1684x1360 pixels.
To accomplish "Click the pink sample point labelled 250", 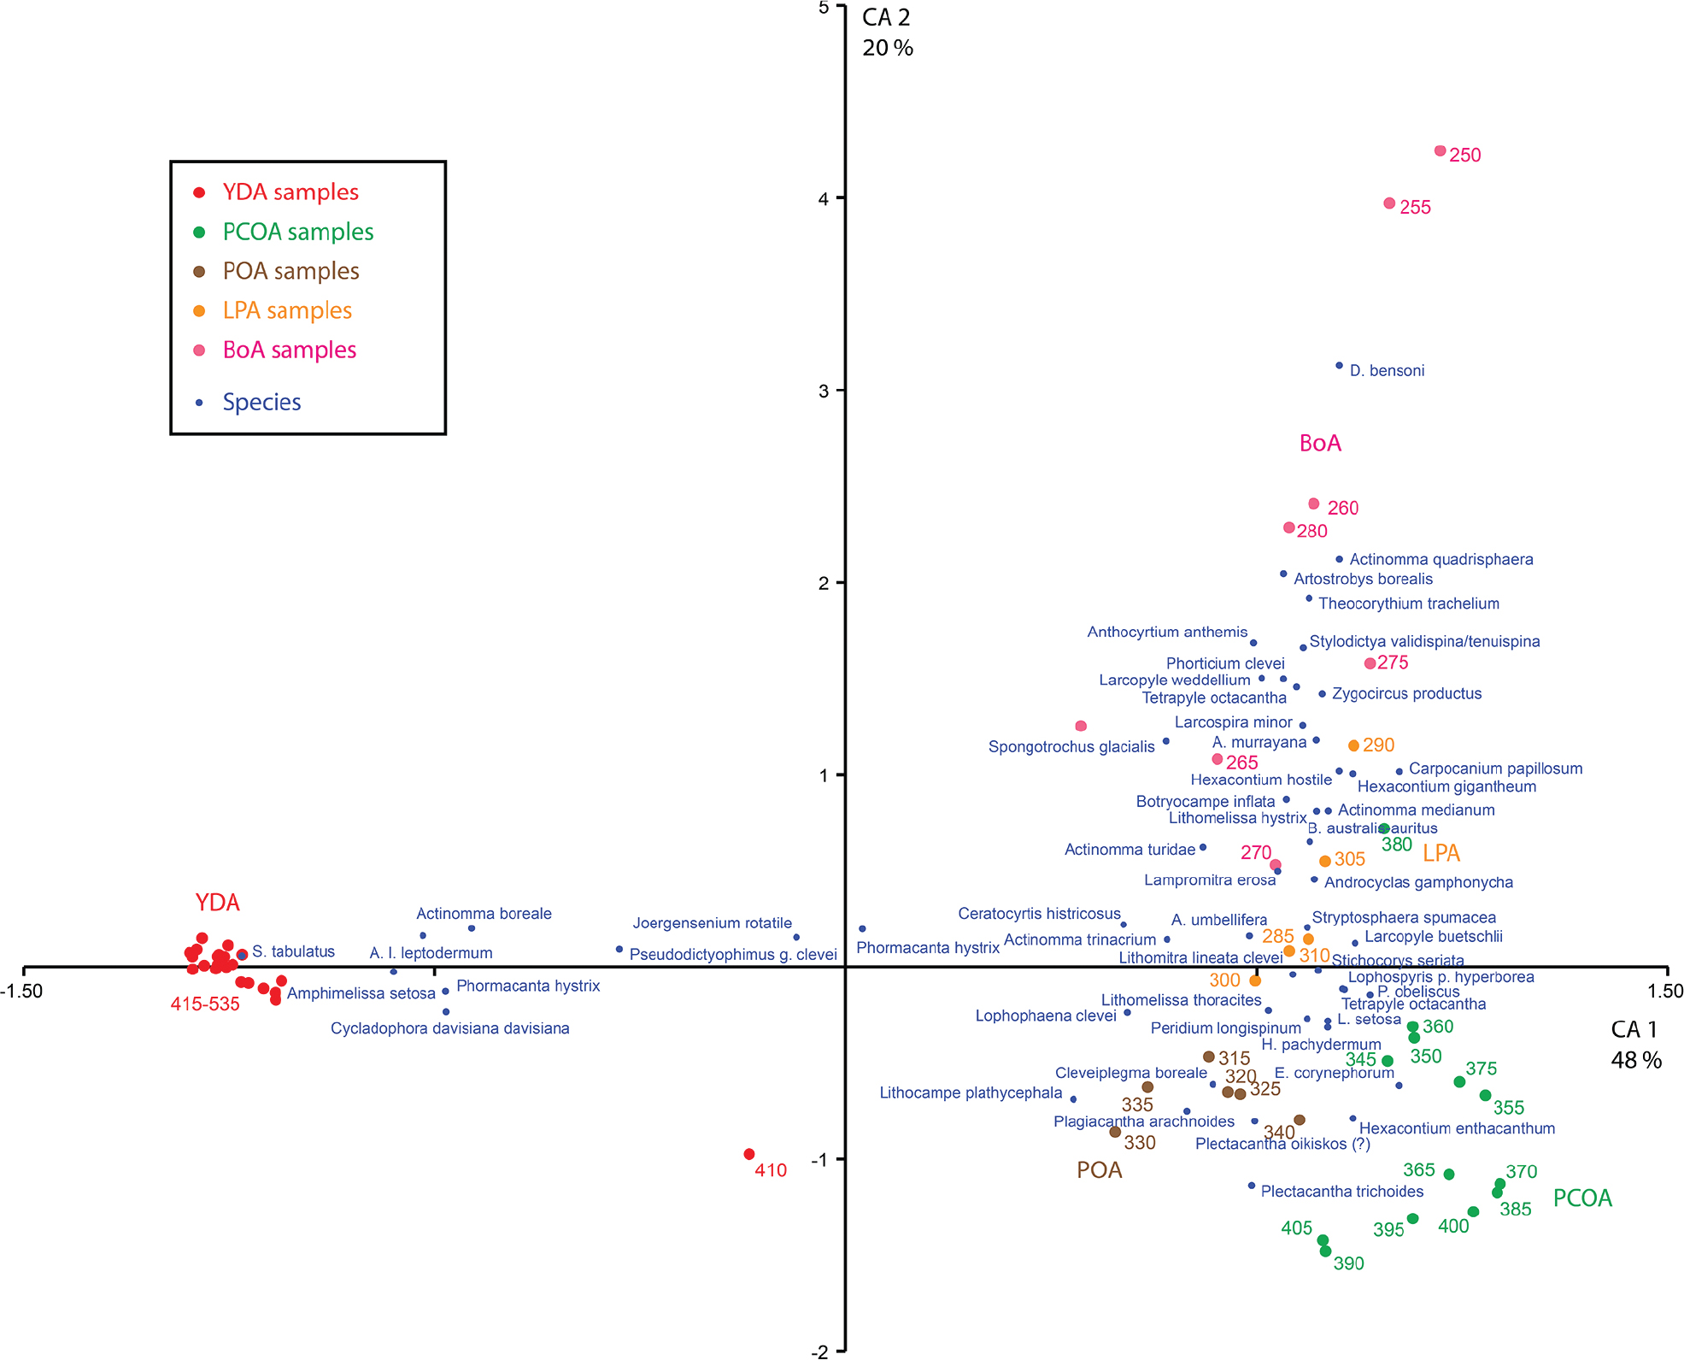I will click(1440, 151).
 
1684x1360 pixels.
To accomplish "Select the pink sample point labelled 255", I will click(1389, 203).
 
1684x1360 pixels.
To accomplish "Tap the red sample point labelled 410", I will click(749, 1154).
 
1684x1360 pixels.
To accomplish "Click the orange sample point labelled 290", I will click(1353, 745).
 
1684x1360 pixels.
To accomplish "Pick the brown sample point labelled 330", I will click(1115, 1132).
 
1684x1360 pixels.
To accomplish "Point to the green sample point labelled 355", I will click(1485, 1095).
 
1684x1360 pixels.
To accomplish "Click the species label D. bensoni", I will click(1387, 370).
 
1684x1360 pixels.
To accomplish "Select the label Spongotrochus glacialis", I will click(1071, 746).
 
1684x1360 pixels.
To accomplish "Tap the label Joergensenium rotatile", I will click(712, 923).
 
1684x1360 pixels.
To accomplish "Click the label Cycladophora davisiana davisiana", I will click(449, 1028).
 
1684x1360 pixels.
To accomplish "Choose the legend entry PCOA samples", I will click(297, 232).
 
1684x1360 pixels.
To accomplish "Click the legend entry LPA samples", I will click(287, 310).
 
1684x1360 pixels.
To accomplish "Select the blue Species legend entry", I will click(261, 402).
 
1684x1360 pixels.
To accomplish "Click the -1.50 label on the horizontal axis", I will click(21, 992).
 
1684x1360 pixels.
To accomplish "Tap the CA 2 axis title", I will click(886, 17).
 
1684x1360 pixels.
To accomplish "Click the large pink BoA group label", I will click(1320, 443).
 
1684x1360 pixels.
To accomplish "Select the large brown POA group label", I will click(1099, 1170).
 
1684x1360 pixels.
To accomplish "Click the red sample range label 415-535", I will click(205, 1004).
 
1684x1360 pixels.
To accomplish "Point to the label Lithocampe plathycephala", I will click(971, 1092).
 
